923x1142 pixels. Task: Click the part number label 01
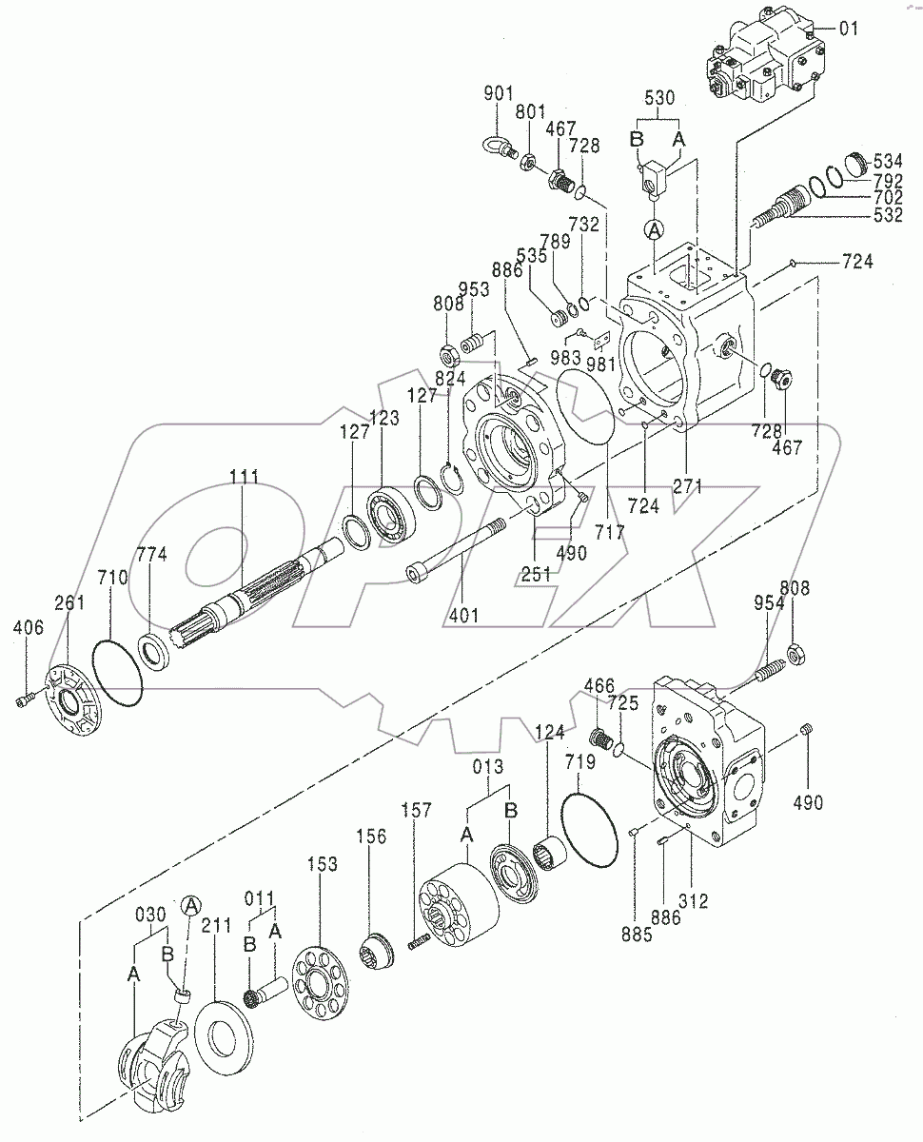[849, 28]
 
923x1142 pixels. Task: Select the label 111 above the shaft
[245, 477]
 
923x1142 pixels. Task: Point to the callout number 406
[29, 627]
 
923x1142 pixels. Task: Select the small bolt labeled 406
[25, 699]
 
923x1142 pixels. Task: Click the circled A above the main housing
[654, 230]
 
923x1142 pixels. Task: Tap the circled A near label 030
[191, 906]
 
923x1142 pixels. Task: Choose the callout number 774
[151, 555]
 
